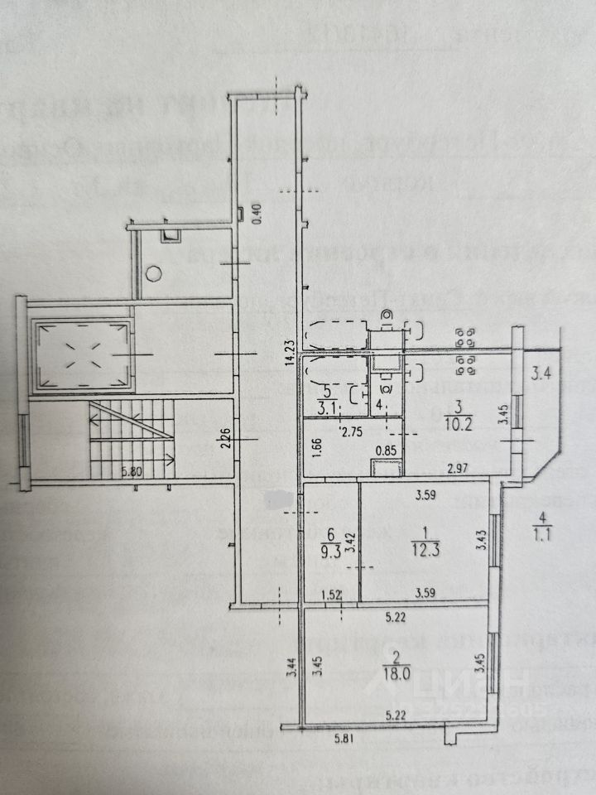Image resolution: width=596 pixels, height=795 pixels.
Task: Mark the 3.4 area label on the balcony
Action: pyautogui.click(x=541, y=373)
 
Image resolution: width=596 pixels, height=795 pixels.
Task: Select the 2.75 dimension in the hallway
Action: pyautogui.click(x=353, y=431)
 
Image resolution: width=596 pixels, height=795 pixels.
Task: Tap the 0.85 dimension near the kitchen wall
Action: pyautogui.click(x=386, y=451)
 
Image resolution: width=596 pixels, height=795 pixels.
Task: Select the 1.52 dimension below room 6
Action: pyautogui.click(x=331, y=593)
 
